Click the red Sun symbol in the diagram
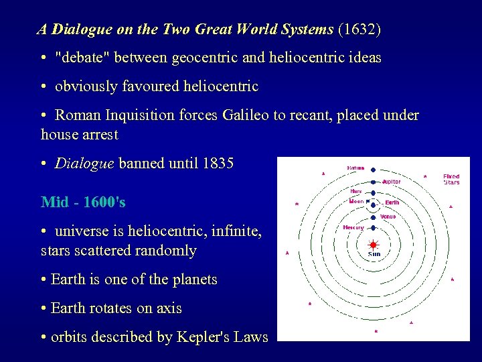point(374,245)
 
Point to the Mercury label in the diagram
point(353,227)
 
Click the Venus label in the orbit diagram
point(388,217)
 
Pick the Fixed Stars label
point(451,179)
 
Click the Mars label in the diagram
point(355,191)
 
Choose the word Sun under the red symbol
point(374,255)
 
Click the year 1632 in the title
point(360,29)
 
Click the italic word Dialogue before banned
point(84,164)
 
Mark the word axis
point(168,308)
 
